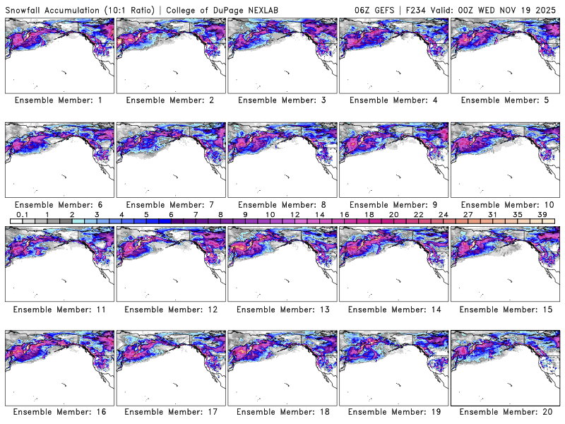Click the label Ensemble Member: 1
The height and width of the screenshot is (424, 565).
click(x=59, y=100)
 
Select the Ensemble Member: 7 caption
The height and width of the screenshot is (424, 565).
click(x=170, y=204)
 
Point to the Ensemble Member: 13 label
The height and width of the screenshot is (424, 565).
click(x=281, y=309)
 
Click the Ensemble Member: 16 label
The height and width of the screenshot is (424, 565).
click(x=59, y=412)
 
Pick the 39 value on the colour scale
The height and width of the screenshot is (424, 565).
click(x=542, y=214)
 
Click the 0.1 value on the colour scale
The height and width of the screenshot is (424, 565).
click(x=22, y=214)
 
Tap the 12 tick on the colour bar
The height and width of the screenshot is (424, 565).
click(x=295, y=214)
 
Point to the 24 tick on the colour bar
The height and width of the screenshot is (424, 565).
click(x=443, y=214)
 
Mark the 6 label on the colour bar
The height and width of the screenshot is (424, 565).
click(x=170, y=214)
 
